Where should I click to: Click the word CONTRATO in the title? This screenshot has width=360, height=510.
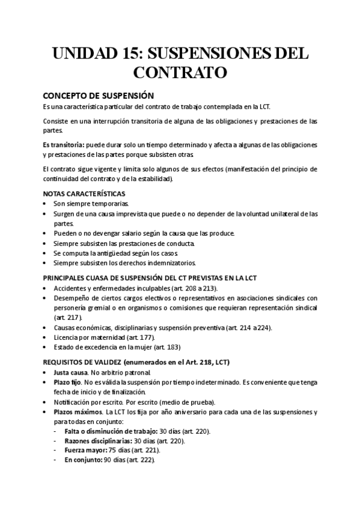[x=180, y=73]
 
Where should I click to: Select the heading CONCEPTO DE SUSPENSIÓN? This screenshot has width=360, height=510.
[x=98, y=95]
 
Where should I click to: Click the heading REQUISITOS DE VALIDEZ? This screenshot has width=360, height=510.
[x=82, y=362]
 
